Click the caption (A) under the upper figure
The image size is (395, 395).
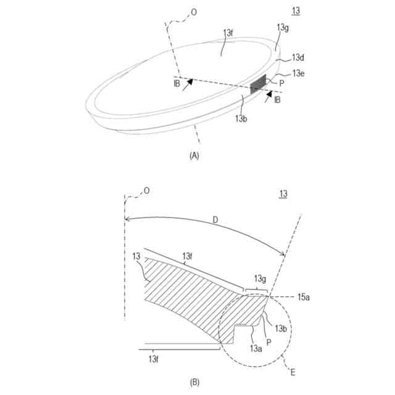click(x=194, y=156)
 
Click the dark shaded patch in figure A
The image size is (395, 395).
click(x=258, y=85)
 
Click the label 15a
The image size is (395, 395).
click(x=304, y=297)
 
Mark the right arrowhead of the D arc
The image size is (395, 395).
click(x=283, y=254)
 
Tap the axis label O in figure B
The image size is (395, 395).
click(x=146, y=191)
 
